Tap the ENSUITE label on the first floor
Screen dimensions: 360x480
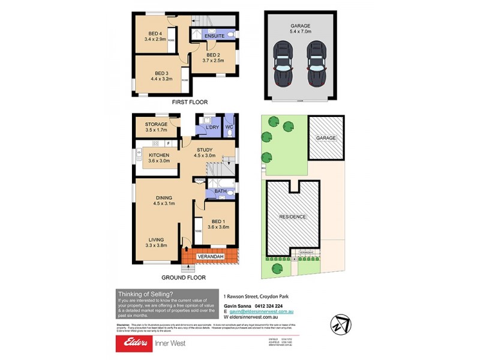point(214,36)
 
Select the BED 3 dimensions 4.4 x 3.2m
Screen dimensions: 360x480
point(158,79)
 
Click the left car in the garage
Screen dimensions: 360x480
point(281,65)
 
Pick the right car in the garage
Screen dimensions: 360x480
point(316,65)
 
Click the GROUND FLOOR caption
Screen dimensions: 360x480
point(184,278)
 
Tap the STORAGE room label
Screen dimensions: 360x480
point(155,124)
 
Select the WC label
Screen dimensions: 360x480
point(229,127)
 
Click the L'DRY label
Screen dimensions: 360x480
point(211,128)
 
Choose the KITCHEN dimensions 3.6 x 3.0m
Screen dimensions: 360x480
point(159,161)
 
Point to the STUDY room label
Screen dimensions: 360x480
point(203,149)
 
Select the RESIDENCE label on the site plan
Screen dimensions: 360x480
point(292,217)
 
